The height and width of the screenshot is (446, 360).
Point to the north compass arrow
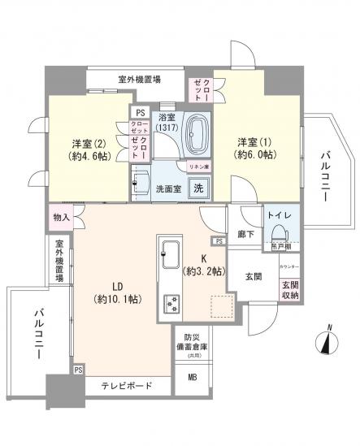[327, 340]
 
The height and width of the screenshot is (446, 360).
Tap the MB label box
[193, 378]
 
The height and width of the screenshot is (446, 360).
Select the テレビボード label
[128, 386]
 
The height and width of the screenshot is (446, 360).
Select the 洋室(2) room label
[86, 146]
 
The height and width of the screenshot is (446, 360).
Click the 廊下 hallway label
[246, 233]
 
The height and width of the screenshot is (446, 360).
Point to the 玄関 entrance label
[252, 276]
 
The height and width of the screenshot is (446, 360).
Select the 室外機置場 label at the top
[139, 79]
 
